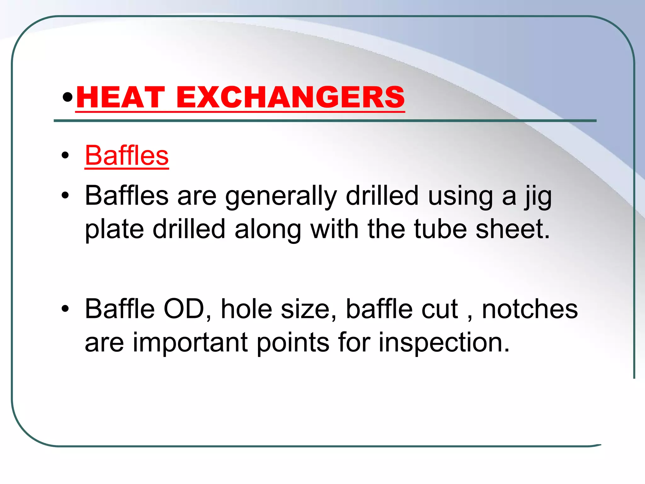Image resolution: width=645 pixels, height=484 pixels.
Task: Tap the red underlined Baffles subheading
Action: pos(127,155)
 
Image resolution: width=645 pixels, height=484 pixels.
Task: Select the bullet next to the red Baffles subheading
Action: pos(65,155)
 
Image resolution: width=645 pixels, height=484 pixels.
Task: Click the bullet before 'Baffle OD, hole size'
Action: pos(65,309)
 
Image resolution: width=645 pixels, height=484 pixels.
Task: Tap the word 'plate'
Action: pos(114,229)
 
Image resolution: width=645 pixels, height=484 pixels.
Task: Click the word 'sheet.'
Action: pos(513,229)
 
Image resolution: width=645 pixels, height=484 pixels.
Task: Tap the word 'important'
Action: pos(190,343)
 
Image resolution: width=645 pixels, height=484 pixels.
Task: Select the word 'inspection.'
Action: pos(444,343)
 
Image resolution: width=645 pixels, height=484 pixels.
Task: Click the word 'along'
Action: pos(268,229)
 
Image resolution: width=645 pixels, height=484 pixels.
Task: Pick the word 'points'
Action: pos(293,343)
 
